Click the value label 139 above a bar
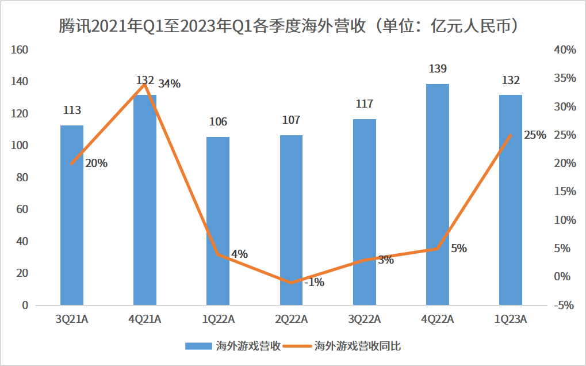coord(438,69)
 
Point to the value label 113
coord(72,110)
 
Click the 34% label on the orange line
coord(169,84)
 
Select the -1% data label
coord(314,282)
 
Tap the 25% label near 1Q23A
coord(535,135)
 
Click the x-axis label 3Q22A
coord(364,319)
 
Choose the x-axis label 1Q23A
coord(511,319)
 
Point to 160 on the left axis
coord(20,50)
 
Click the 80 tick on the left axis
coord(22,178)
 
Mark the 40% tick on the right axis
coord(564,50)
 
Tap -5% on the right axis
coord(564,305)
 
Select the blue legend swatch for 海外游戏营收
coord(198,346)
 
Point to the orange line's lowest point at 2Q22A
coord(291,283)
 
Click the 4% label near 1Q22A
coord(239,254)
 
